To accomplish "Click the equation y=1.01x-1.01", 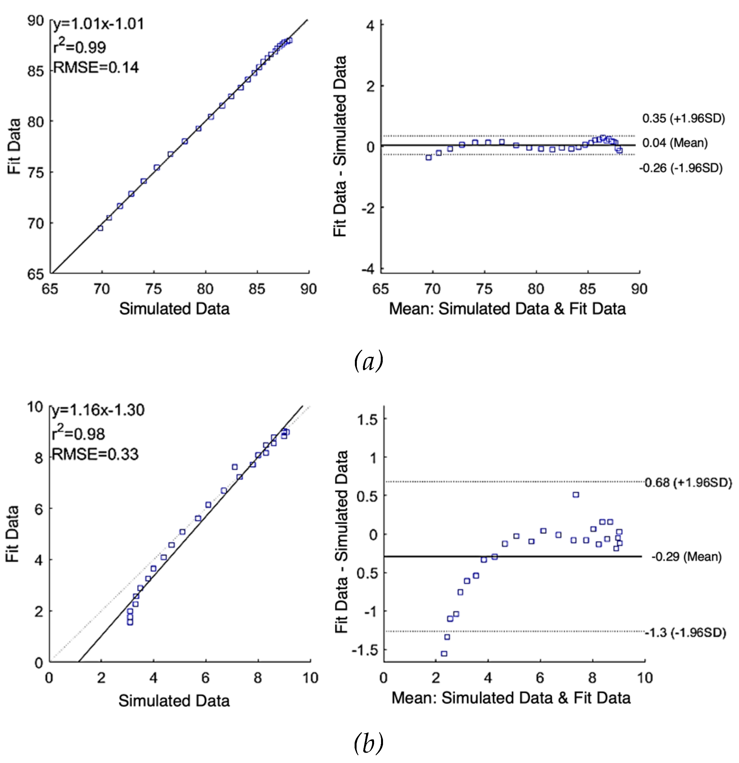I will (x=99, y=24).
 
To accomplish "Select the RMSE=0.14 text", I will (x=96, y=68).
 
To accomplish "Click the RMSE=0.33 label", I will (x=95, y=454).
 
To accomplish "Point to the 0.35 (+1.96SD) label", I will (x=683, y=118).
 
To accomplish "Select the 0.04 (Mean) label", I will (x=675, y=143).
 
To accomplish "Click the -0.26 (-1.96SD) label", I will (x=681, y=168).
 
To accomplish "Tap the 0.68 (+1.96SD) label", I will (x=688, y=483).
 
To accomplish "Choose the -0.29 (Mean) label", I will (x=686, y=557).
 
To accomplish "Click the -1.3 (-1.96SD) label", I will (x=685, y=633).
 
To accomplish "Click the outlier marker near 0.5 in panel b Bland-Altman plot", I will (x=575, y=495).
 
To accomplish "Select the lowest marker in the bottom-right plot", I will (x=444, y=654).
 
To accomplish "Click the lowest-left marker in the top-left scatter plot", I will (x=100, y=228).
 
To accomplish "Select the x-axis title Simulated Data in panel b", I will (x=174, y=701).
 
